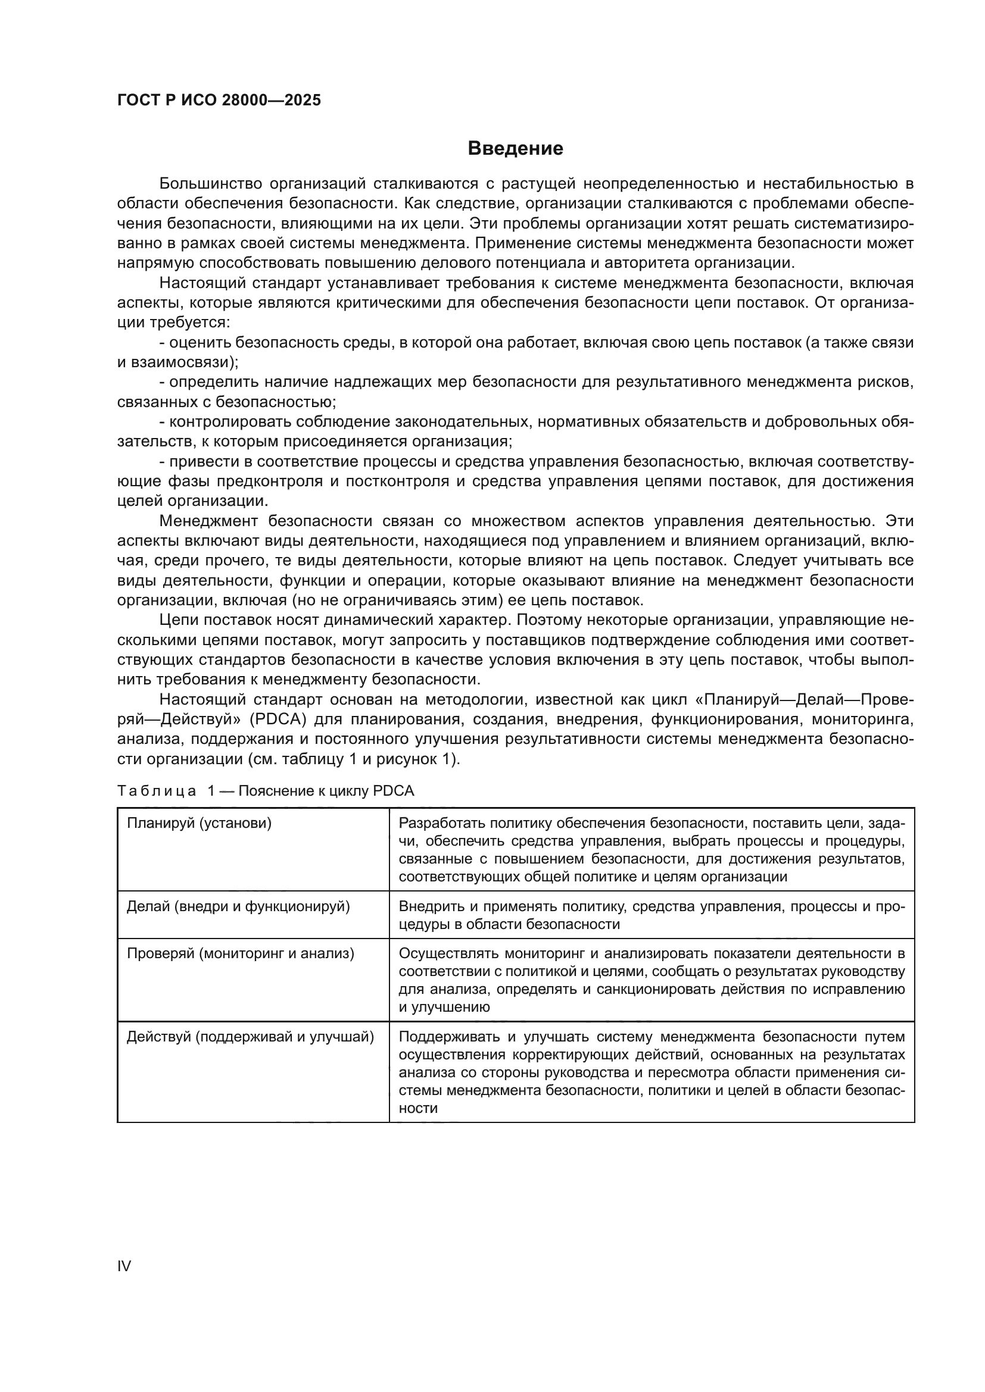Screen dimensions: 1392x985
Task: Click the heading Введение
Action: [x=515, y=149]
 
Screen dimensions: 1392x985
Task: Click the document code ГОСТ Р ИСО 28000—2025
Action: [x=219, y=101]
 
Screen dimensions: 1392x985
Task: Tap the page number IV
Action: [x=124, y=1266]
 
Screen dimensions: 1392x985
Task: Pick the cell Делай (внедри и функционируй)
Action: [x=238, y=906]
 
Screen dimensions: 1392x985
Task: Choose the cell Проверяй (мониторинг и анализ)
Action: [x=240, y=953]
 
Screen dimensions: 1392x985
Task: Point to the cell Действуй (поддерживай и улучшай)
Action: [x=250, y=1037]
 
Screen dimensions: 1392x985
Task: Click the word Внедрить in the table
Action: [x=429, y=906]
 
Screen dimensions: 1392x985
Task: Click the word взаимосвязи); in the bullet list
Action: [x=183, y=362]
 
